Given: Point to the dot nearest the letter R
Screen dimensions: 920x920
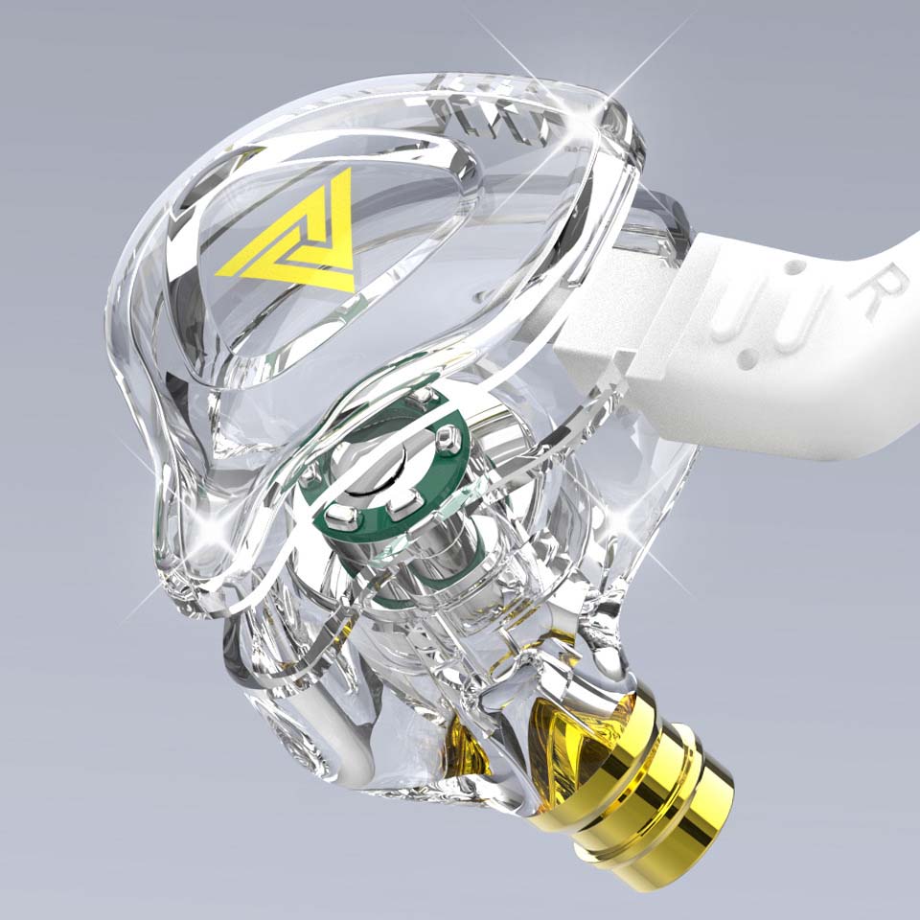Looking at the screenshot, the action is click(793, 267).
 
